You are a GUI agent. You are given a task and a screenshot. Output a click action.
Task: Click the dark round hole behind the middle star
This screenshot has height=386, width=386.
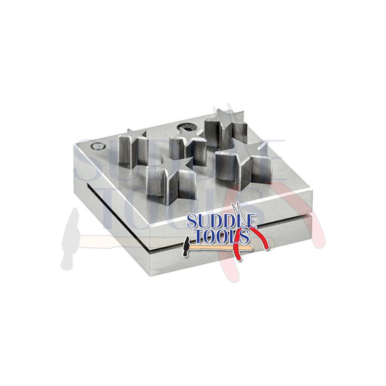(x=188, y=127)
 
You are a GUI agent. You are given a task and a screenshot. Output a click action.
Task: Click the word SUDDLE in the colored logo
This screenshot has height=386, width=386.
(x=222, y=221)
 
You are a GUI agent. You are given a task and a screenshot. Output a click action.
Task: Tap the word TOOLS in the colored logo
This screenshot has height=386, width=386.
(x=220, y=235)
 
